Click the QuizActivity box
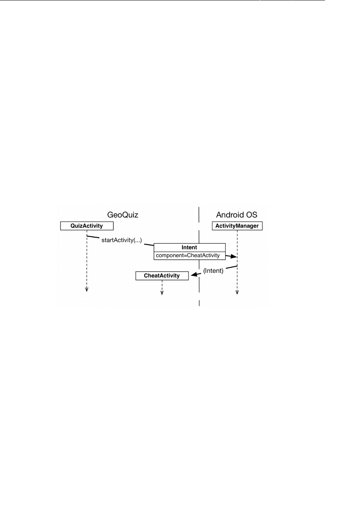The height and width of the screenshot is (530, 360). tap(87, 226)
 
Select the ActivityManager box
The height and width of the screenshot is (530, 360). tap(237, 226)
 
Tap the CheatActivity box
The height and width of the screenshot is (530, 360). tap(162, 276)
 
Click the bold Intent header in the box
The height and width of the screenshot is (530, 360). tap(189, 247)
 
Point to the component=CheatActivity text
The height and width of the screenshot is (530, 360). tap(188, 256)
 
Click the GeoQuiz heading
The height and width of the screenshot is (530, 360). tap(123, 215)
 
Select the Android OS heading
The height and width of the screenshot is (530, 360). tap(237, 215)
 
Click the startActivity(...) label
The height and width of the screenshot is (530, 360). tap(122, 240)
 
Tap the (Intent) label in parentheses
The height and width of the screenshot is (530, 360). tap(213, 270)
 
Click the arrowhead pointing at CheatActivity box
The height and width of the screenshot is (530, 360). tap(193, 275)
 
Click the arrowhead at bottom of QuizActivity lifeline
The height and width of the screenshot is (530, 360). tap(87, 290)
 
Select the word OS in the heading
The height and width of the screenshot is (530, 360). tap(252, 215)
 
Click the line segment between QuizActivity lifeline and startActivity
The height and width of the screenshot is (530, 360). tap(93, 237)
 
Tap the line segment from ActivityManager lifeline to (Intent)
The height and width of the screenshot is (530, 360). tap(232, 267)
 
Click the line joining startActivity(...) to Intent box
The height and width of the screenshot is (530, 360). tap(148, 245)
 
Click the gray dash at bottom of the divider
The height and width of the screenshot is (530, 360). tap(199, 303)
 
